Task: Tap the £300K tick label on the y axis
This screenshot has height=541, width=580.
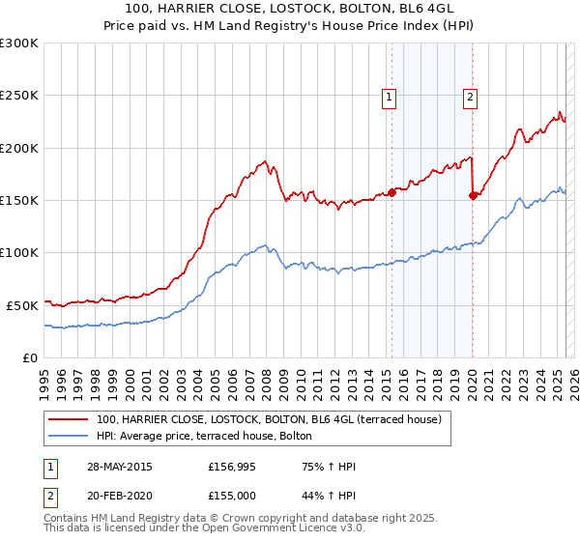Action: pyautogui.click(x=19, y=43)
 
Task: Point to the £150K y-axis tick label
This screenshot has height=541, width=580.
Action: pyautogui.click(x=19, y=200)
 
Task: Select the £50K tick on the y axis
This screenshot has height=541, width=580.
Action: pyautogui.click(x=22, y=305)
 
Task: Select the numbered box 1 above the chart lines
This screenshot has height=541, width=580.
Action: pyautogui.click(x=389, y=96)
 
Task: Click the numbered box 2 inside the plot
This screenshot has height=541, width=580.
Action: pyautogui.click(x=470, y=96)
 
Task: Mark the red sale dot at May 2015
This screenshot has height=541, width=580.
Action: pyautogui.click(x=392, y=191)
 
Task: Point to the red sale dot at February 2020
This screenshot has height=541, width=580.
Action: pyautogui.click(x=473, y=195)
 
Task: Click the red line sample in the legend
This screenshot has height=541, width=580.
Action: pyautogui.click(x=68, y=420)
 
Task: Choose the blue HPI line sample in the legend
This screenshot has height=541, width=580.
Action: pyautogui.click(x=68, y=436)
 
